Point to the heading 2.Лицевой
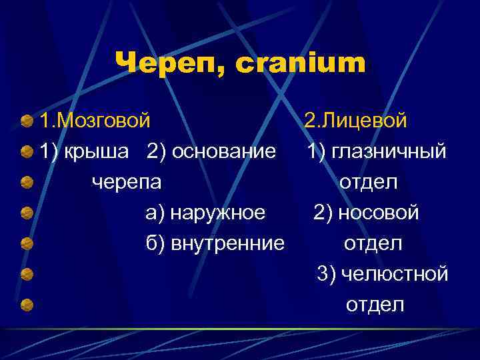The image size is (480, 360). click(x=355, y=121)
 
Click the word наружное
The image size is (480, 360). click(x=218, y=213)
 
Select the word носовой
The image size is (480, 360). click(x=378, y=213)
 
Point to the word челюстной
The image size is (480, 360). click(x=393, y=274)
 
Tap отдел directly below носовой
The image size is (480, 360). click(x=373, y=243)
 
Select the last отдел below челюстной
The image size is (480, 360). click(x=375, y=305)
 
